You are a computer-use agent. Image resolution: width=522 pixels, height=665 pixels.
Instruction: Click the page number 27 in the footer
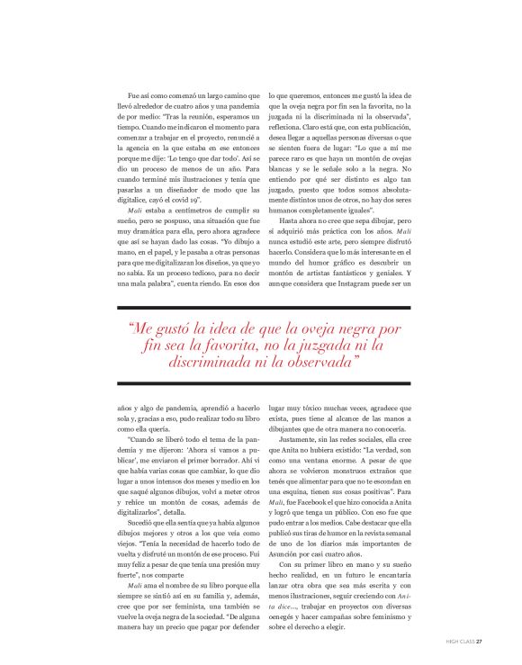click(480, 641)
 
